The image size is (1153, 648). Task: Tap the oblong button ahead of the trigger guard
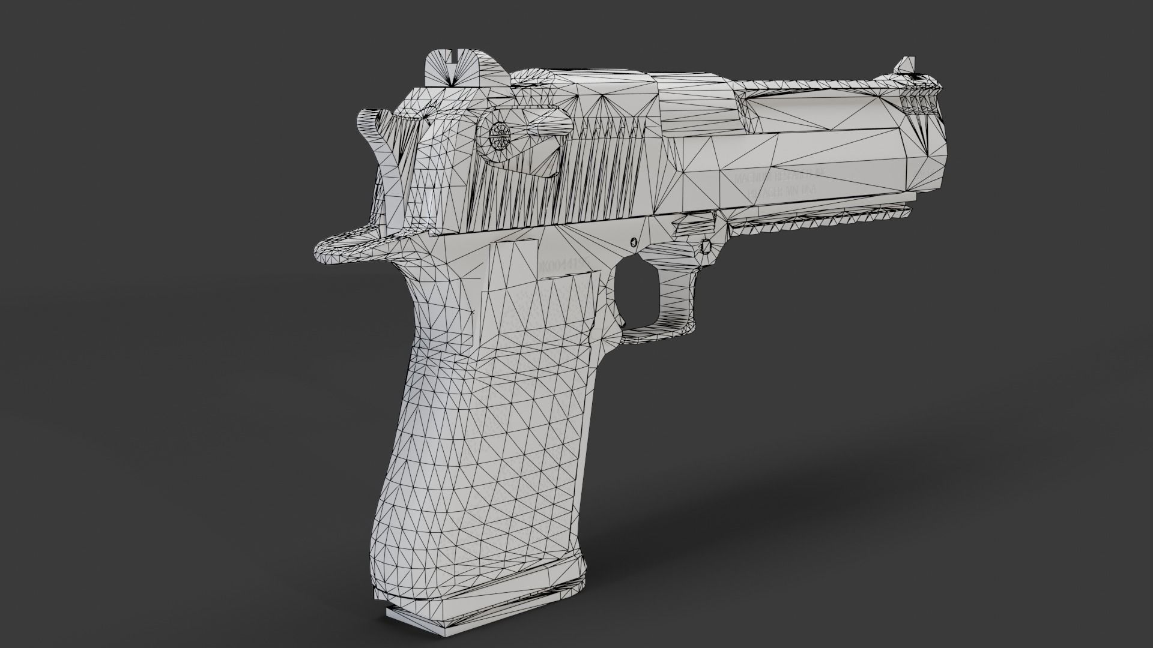[x=706, y=247]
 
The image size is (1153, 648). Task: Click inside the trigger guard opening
[x=637, y=294]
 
